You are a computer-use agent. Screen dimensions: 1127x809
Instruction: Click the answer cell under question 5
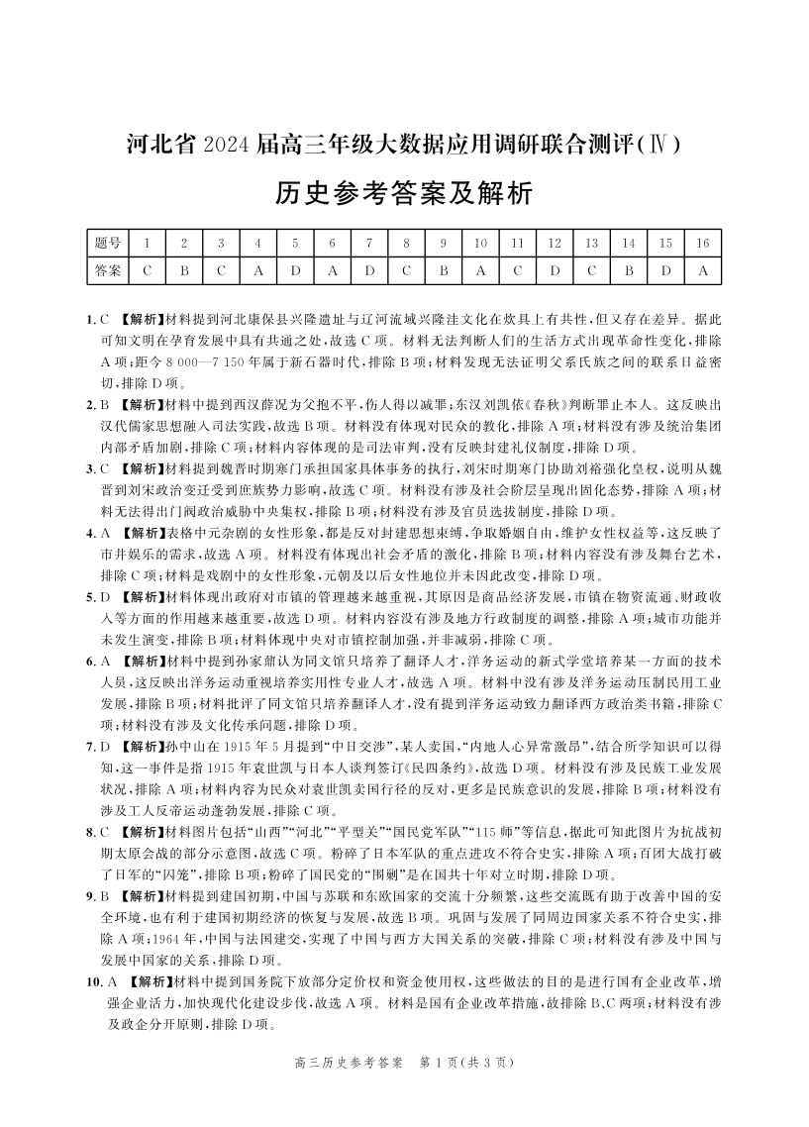[x=294, y=269]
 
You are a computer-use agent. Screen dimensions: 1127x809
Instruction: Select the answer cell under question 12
[x=555, y=269]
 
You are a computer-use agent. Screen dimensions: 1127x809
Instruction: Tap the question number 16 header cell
[x=703, y=243]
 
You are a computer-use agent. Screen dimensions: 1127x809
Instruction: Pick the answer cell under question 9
[x=444, y=269]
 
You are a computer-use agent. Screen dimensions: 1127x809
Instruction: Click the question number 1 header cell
[x=147, y=243]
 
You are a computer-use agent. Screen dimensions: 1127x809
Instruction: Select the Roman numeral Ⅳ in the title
[x=662, y=145]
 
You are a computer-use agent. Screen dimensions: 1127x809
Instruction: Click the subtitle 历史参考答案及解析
[x=404, y=192]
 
